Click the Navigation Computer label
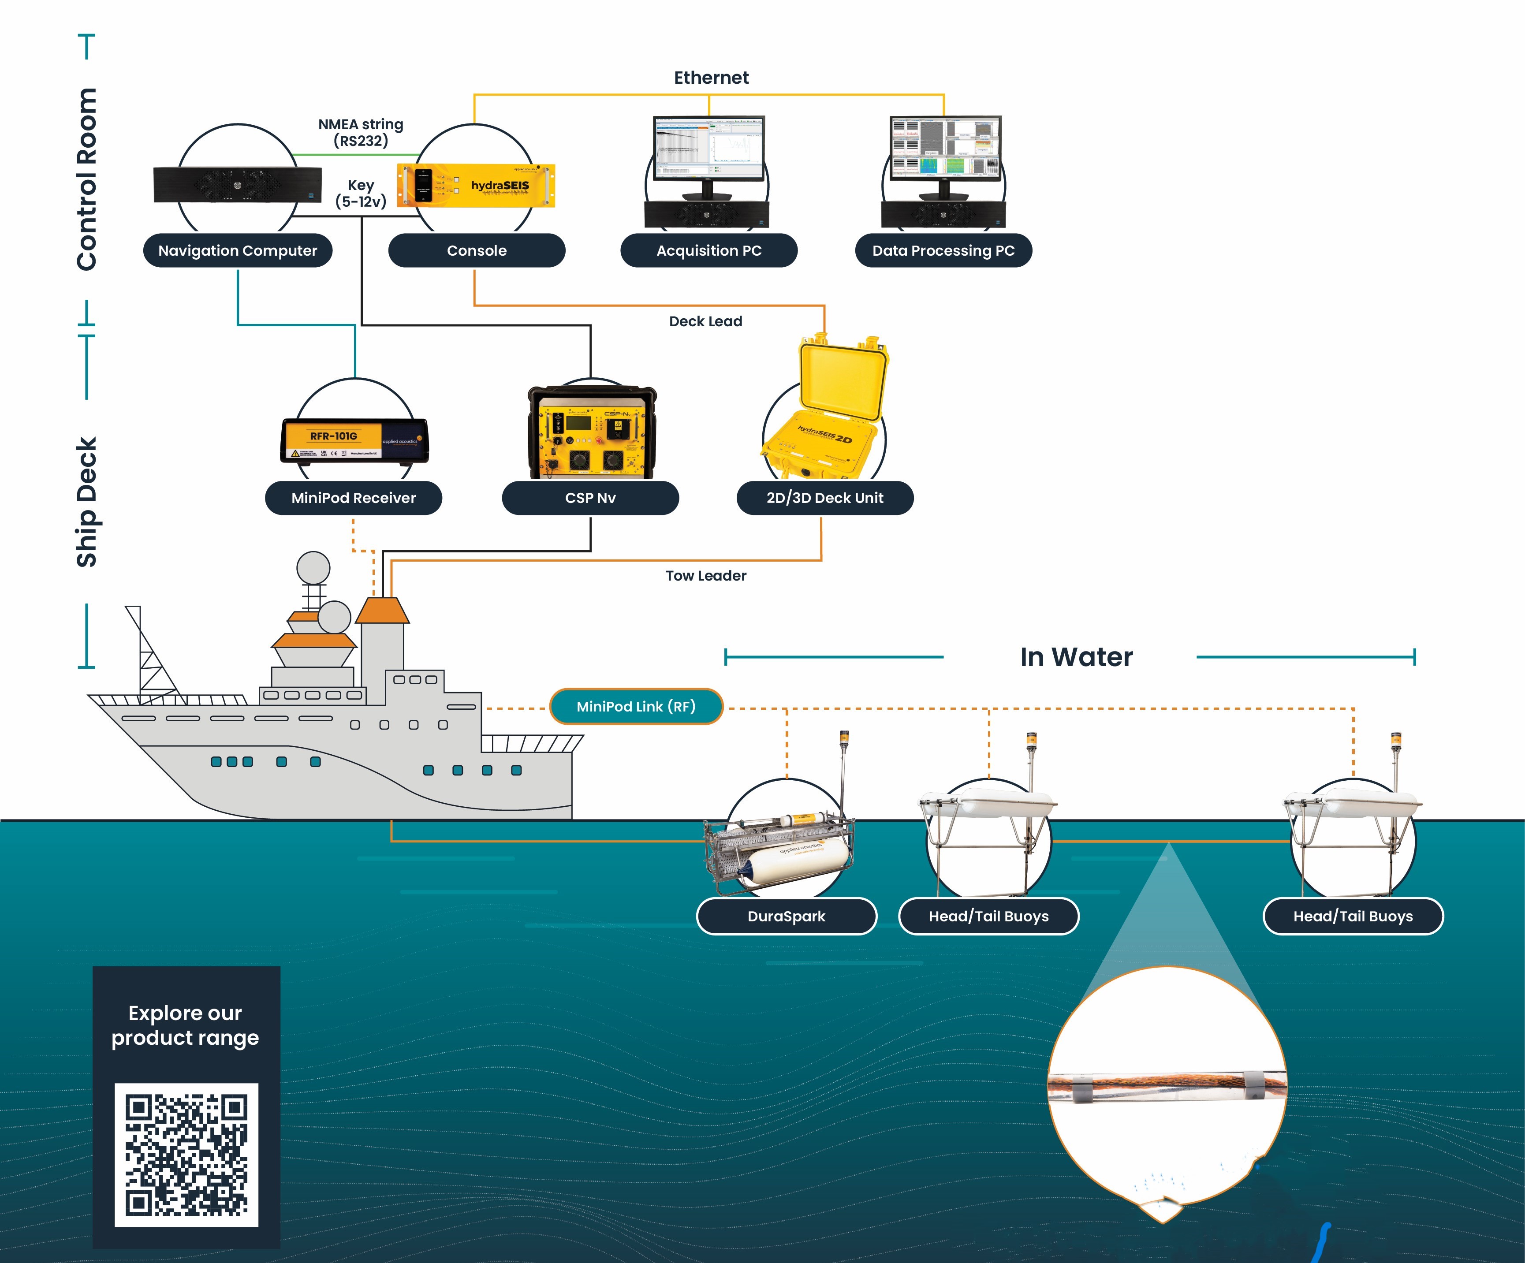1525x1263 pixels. [x=238, y=250]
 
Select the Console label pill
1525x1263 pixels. [x=477, y=250]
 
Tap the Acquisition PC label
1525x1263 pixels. [x=709, y=250]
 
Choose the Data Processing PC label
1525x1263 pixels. [x=943, y=250]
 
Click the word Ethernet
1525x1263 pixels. [x=711, y=78]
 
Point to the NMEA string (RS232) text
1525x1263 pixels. [x=361, y=132]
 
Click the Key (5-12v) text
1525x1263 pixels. [x=361, y=193]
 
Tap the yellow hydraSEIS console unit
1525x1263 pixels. [x=477, y=186]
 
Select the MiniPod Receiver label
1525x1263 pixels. [x=354, y=498]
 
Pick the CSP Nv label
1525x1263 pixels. [x=590, y=498]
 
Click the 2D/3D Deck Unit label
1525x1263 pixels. [x=825, y=498]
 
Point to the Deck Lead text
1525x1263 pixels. [x=705, y=321]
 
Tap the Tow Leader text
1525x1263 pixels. [x=706, y=576]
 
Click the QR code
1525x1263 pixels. [x=186, y=1155]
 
